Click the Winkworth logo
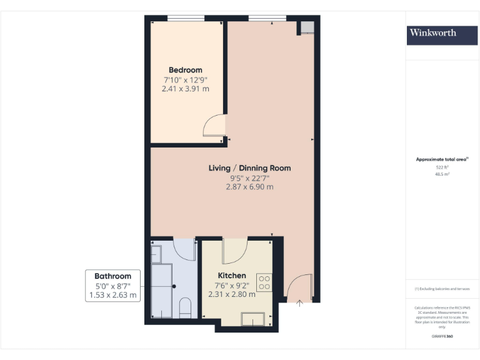pyautogui.click(x=433, y=33)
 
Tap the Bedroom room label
pyautogui.click(x=185, y=70)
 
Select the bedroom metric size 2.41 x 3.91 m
pyautogui.click(x=185, y=89)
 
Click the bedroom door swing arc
pyautogui.click(x=214, y=125)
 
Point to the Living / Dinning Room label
pyautogui.click(x=249, y=168)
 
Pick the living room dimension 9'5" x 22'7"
pyautogui.click(x=249, y=177)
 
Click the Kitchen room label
pyautogui.click(x=231, y=276)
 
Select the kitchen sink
pyautogui.click(x=254, y=318)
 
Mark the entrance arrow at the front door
pyautogui.click(x=299, y=303)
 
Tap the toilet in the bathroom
pyautogui.click(x=185, y=307)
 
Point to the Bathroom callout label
pyautogui.click(x=113, y=276)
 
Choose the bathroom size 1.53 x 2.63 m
pyautogui.click(x=113, y=295)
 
